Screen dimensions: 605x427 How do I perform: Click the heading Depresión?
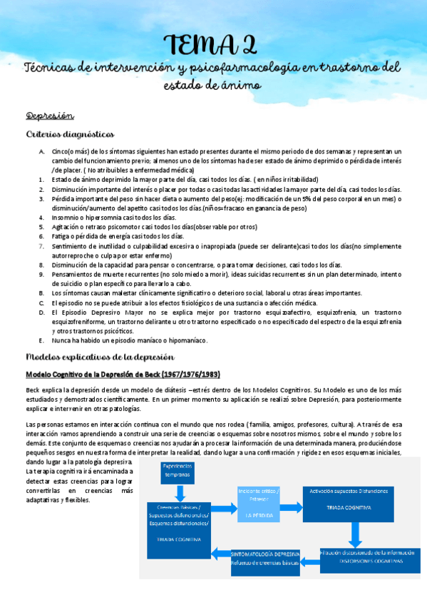point(51,116)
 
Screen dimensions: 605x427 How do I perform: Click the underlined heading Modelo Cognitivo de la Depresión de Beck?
point(123,374)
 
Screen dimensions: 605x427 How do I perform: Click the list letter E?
point(42,340)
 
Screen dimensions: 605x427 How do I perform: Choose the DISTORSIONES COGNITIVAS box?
point(370,561)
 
